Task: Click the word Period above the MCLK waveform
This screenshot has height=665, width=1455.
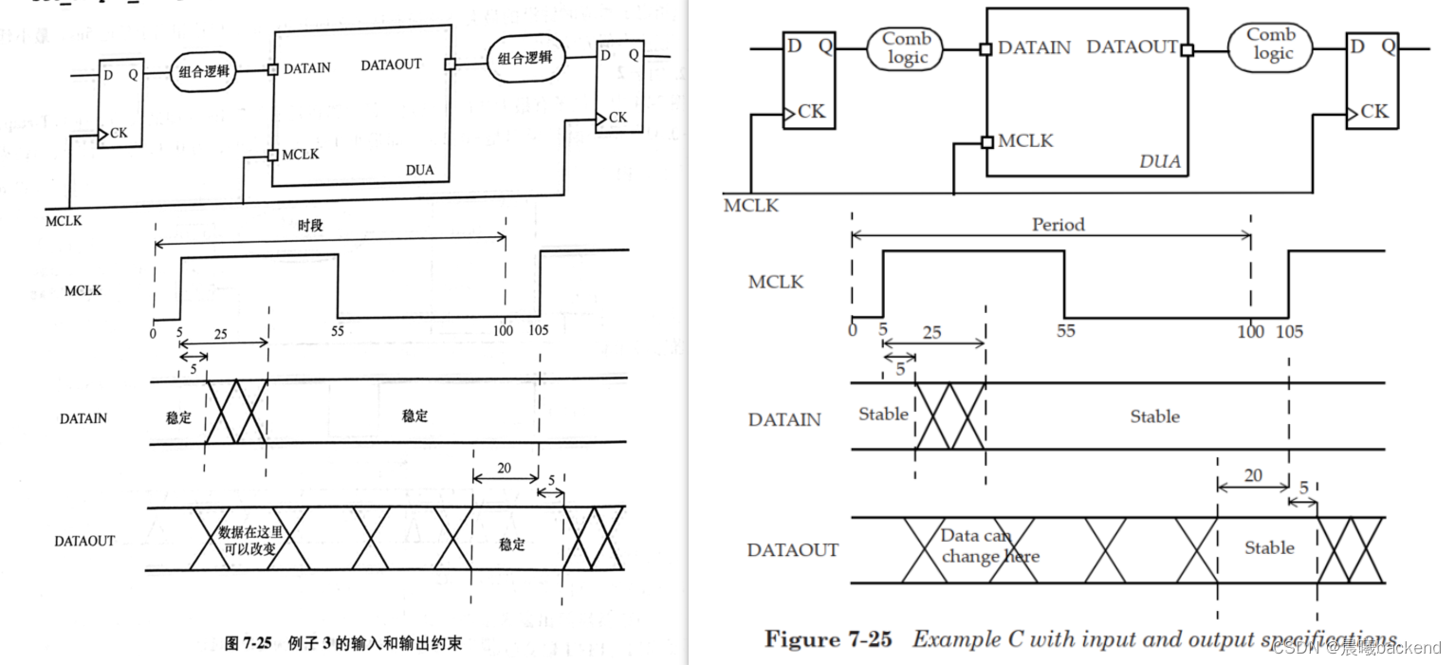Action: (1058, 225)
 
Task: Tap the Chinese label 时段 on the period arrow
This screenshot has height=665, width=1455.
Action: (310, 227)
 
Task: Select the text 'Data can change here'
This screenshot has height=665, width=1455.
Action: (989, 546)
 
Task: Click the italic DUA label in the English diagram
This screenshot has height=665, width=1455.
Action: (1159, 161)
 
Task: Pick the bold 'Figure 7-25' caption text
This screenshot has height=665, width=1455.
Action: (828, 638)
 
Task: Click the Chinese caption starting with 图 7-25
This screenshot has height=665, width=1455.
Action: (342, 643)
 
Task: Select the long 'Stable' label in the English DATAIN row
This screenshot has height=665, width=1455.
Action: (1154, 416)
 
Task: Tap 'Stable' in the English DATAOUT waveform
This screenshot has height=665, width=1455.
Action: (1269, 547)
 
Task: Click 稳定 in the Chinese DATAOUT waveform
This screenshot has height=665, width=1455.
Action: (512, 545)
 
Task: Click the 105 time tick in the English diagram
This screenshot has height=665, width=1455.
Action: (1289, 331)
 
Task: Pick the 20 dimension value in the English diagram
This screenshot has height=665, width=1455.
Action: (1253, 475)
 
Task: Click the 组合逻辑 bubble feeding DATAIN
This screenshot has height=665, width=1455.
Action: (203, 71)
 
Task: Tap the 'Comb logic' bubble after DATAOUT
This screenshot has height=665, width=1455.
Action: (1272, 44)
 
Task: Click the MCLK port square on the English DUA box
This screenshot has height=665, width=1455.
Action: (987, 141)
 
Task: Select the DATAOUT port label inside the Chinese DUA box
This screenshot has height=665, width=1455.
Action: (391, 65)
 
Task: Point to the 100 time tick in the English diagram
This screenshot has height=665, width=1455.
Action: (1250, 331)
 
